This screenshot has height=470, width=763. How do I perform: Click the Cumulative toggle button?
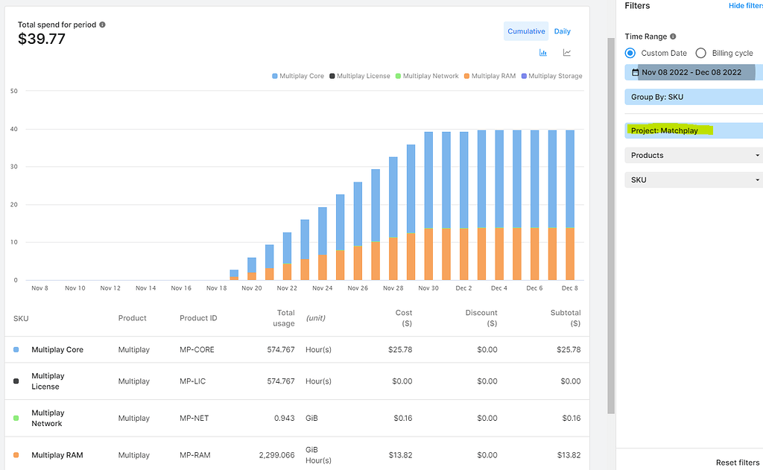[x=526, y=31]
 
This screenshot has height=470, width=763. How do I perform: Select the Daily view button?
[x=563, y=31]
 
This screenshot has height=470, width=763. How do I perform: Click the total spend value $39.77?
[x=42, y=39]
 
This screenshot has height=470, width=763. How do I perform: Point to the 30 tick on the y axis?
[x=14, y=167]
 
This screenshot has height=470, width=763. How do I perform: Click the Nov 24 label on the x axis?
[x=323, y=288]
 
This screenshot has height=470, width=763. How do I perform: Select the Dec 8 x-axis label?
[x=569, y=288]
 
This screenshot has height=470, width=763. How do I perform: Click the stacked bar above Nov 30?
[x=428, y=205]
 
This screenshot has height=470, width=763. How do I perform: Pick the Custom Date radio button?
[x=630, y=53]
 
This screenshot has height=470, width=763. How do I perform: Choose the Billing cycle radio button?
[x=700, y=53]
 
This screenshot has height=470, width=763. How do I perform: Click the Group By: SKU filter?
[x=693, y=97]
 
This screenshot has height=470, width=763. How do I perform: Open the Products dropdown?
[x=693, y=155]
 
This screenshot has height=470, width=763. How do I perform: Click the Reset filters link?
[x=738, y=463]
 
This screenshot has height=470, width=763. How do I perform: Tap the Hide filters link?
[x=745, y=6]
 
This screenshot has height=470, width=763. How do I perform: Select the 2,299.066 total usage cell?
[x=276, y=455]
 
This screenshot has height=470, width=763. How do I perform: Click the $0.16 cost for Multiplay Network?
[x=402, y=418]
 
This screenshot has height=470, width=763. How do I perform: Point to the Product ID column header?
[x=198, y=318]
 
